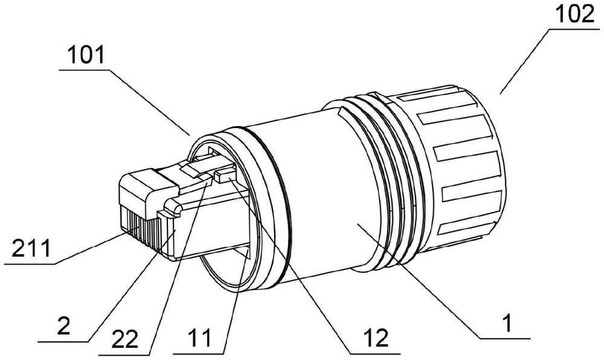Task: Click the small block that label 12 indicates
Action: [223, 176]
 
